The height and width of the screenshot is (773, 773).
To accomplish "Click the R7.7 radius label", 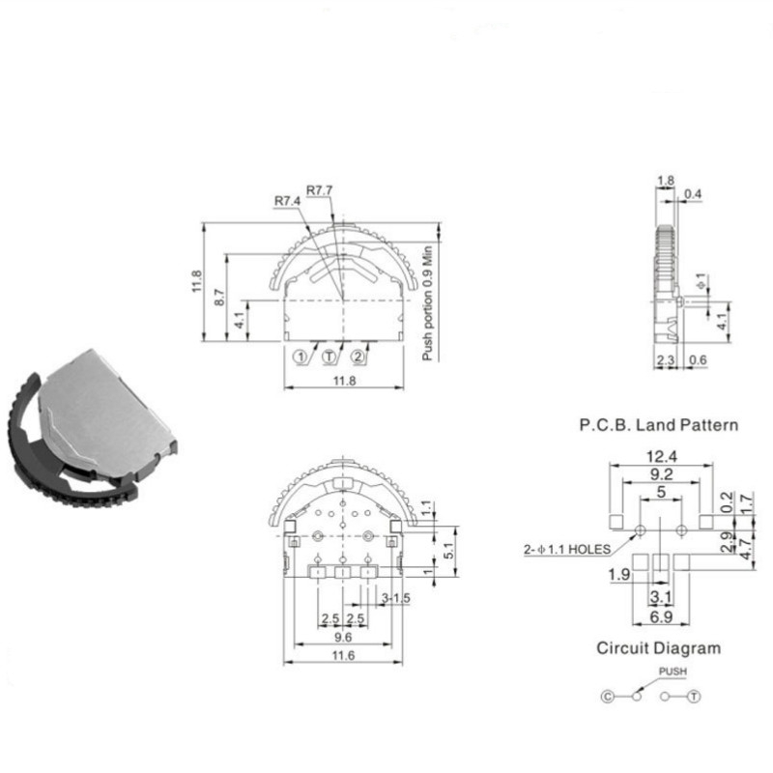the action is [x=320, y=190].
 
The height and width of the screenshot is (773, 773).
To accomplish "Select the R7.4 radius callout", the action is [x=287, y=201].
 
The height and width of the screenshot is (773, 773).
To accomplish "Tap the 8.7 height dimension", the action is [x=220, y=298].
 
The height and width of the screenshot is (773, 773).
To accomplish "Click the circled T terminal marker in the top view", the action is [x=329, y=357].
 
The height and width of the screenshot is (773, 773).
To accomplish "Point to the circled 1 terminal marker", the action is [x=301, y=357].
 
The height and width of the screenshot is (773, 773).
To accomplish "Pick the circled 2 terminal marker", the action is [x=358, y=357].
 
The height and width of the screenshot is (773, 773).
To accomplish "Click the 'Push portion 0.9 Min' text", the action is [x=427, y=303].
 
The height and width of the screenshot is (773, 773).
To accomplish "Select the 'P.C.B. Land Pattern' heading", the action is [x=659, y=425].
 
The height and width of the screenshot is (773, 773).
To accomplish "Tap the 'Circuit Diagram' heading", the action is [x=659, y=647].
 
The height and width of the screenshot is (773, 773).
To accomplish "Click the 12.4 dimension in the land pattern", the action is [x=662, y=456].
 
